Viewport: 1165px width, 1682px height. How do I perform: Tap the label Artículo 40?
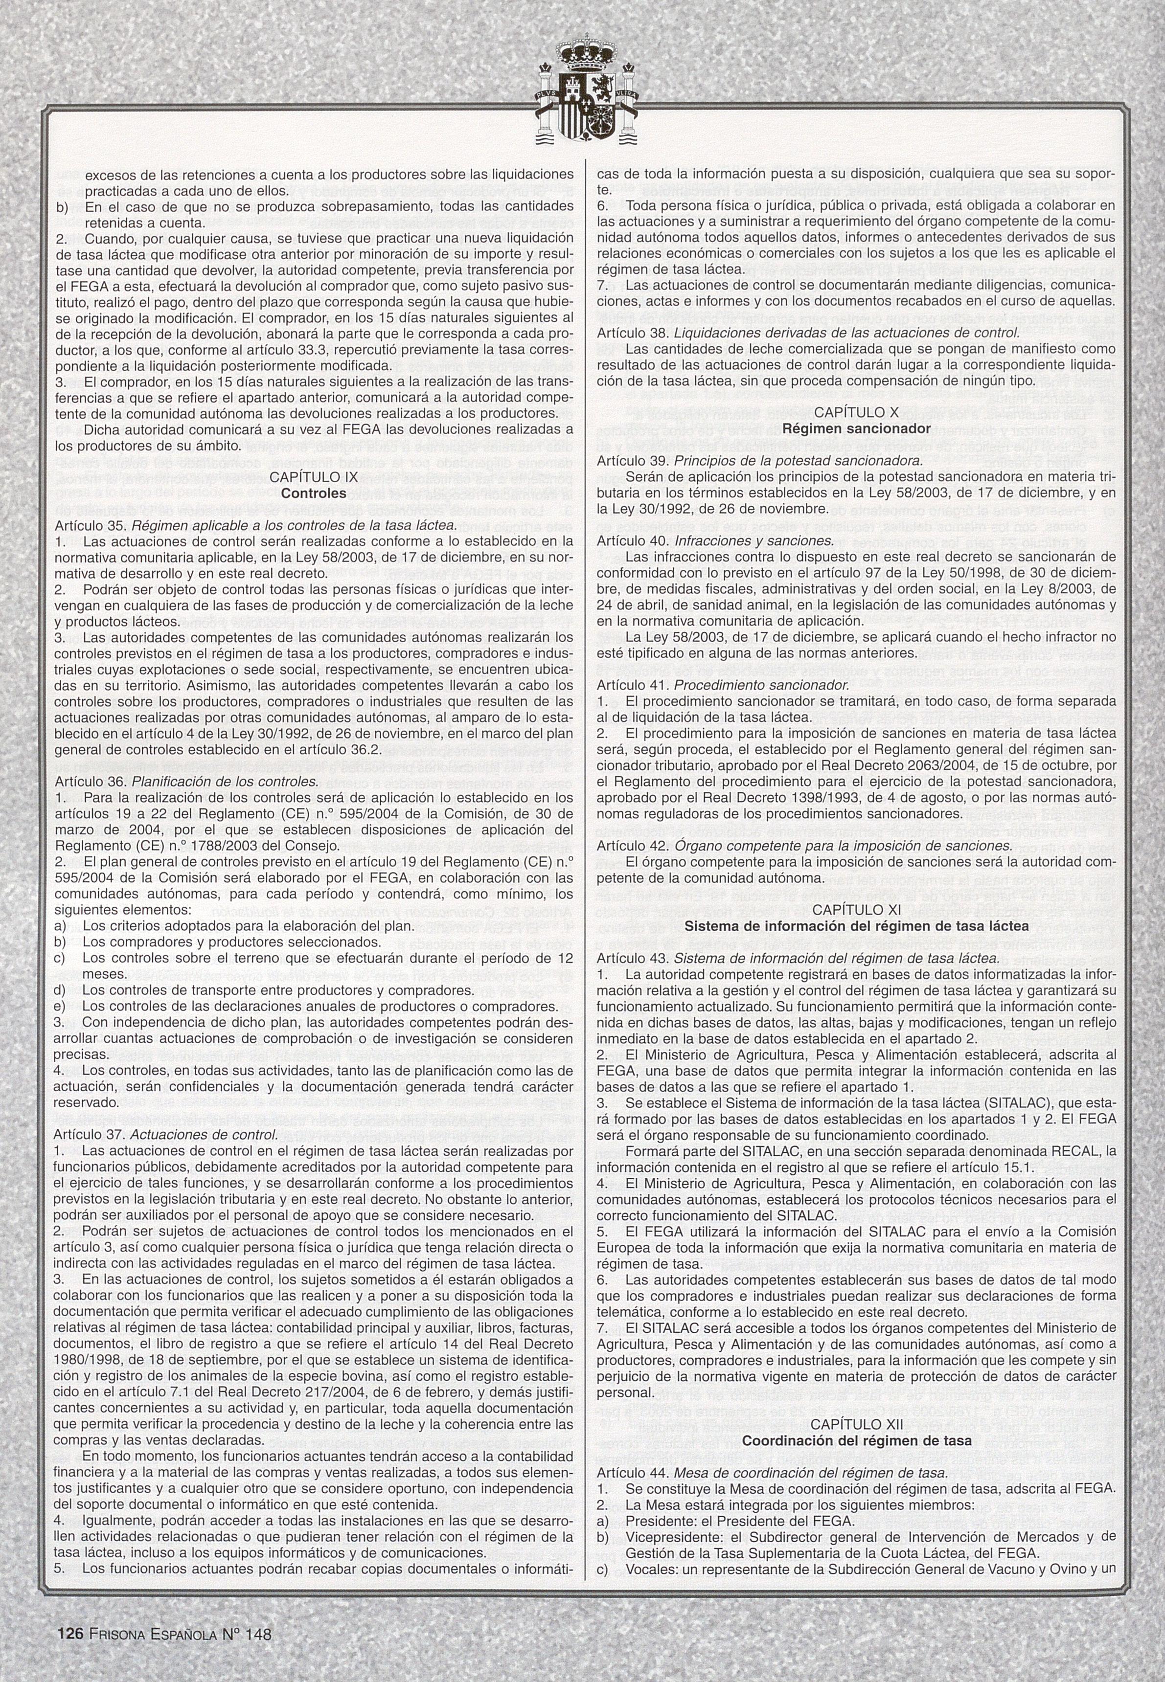(623, 541)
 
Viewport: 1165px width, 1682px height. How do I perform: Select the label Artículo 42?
(623, 846)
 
